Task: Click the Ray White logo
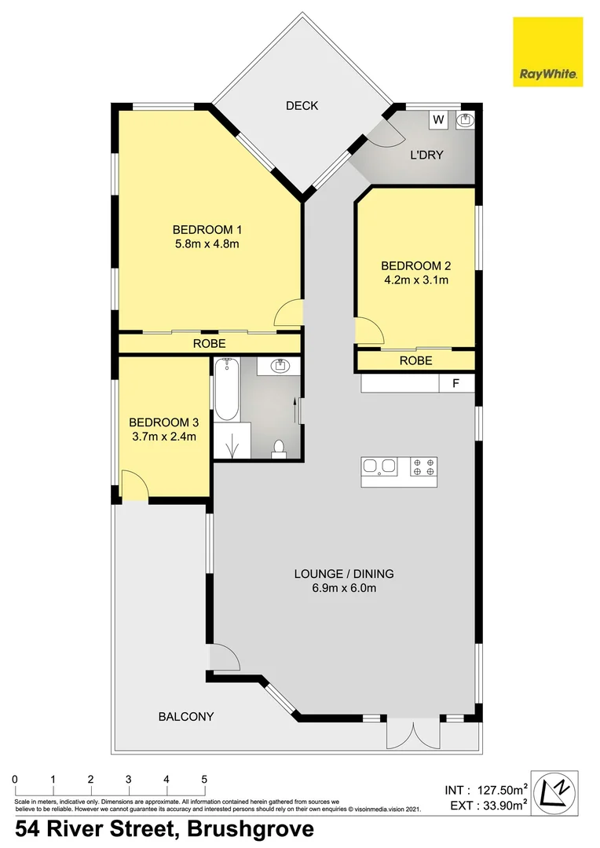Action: (x=547, y=52)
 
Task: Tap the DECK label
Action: (x=302, y=105)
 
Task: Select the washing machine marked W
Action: (x=439, y=120)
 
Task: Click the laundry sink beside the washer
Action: (x=465, y=120)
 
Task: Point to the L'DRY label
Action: (x=427, y=155)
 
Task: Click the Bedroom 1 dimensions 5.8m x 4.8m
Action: (x=207, y=243)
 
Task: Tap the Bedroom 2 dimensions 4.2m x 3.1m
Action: (x=415, y=279)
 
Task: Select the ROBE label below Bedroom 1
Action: (x=210, y=344)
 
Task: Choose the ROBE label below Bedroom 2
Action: (x=415, y=361)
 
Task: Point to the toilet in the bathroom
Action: (x=277, y=448)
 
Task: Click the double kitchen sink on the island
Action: (x=379, y=468)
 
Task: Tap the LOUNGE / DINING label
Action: (x=344, y=574)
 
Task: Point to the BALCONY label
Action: (x=186, y=716)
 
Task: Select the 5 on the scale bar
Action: (x=204, y=779)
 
